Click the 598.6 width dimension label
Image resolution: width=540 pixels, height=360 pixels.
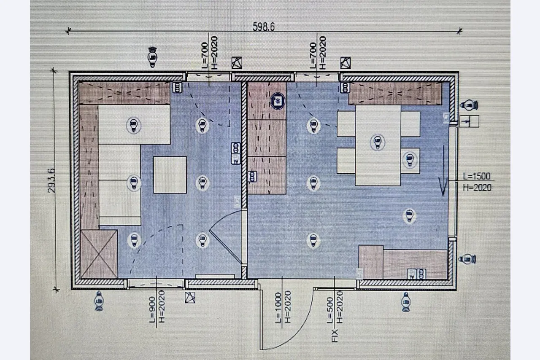point(264,26)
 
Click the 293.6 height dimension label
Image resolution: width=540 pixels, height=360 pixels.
point(51,180)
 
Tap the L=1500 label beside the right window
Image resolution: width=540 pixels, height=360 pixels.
point(477,176)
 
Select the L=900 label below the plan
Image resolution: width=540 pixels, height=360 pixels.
point(152,310)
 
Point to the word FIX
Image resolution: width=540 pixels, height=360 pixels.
point(335,336)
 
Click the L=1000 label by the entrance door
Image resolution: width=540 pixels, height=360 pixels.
point(278,307)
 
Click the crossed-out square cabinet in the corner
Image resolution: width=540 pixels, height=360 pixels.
point(99,254)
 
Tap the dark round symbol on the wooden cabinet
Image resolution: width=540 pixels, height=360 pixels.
point(278,101)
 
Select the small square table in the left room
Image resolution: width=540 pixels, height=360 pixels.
point(170,175)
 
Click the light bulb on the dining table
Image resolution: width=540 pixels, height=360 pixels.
point(378,142)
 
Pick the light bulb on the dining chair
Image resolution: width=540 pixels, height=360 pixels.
point(410,159)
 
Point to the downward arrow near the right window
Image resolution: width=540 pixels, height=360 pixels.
point(443,171)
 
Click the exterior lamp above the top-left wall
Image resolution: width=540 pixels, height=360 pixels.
point(152,57)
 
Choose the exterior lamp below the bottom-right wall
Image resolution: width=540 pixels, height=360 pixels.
point(406,302)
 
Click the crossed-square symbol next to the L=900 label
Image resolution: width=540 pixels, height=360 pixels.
point(190,298)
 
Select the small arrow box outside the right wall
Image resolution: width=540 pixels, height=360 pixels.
point(469,121)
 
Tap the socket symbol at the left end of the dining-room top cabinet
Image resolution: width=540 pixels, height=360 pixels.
point(345,87)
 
